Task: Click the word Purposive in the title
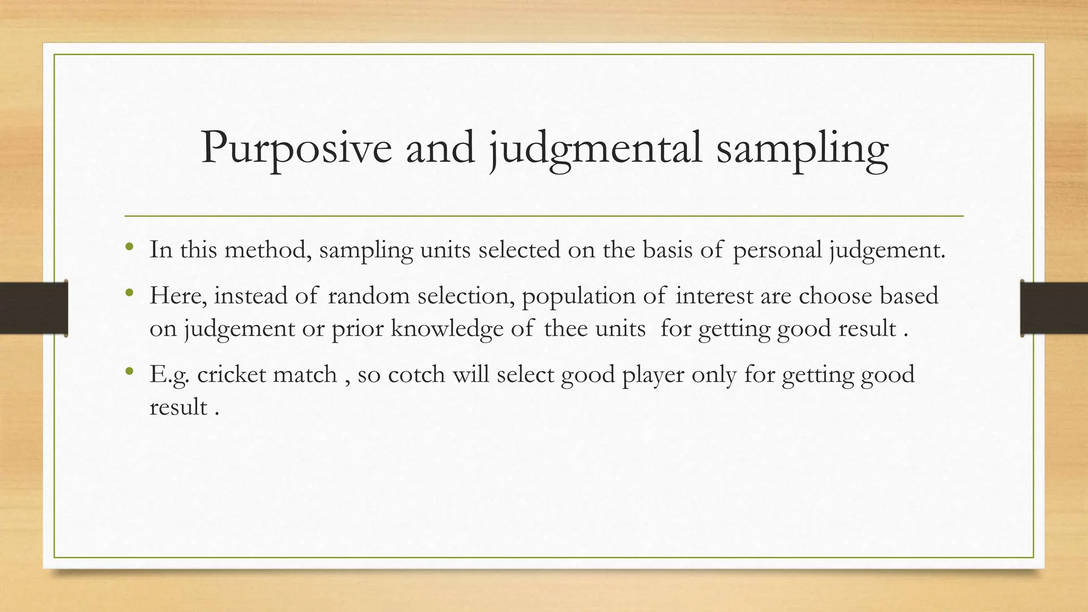pos(296,148)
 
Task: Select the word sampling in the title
pos(802,148)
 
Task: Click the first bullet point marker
pos(129,247)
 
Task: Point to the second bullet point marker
pos(129,293)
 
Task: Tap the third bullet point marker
pos(129,371)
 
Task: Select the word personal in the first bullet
pos(777,250)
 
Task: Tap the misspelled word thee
pos(565,328)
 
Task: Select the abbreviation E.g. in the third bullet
pos(169,374)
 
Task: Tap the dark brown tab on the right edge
pos(1054,308)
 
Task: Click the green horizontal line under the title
pos(544,216)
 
